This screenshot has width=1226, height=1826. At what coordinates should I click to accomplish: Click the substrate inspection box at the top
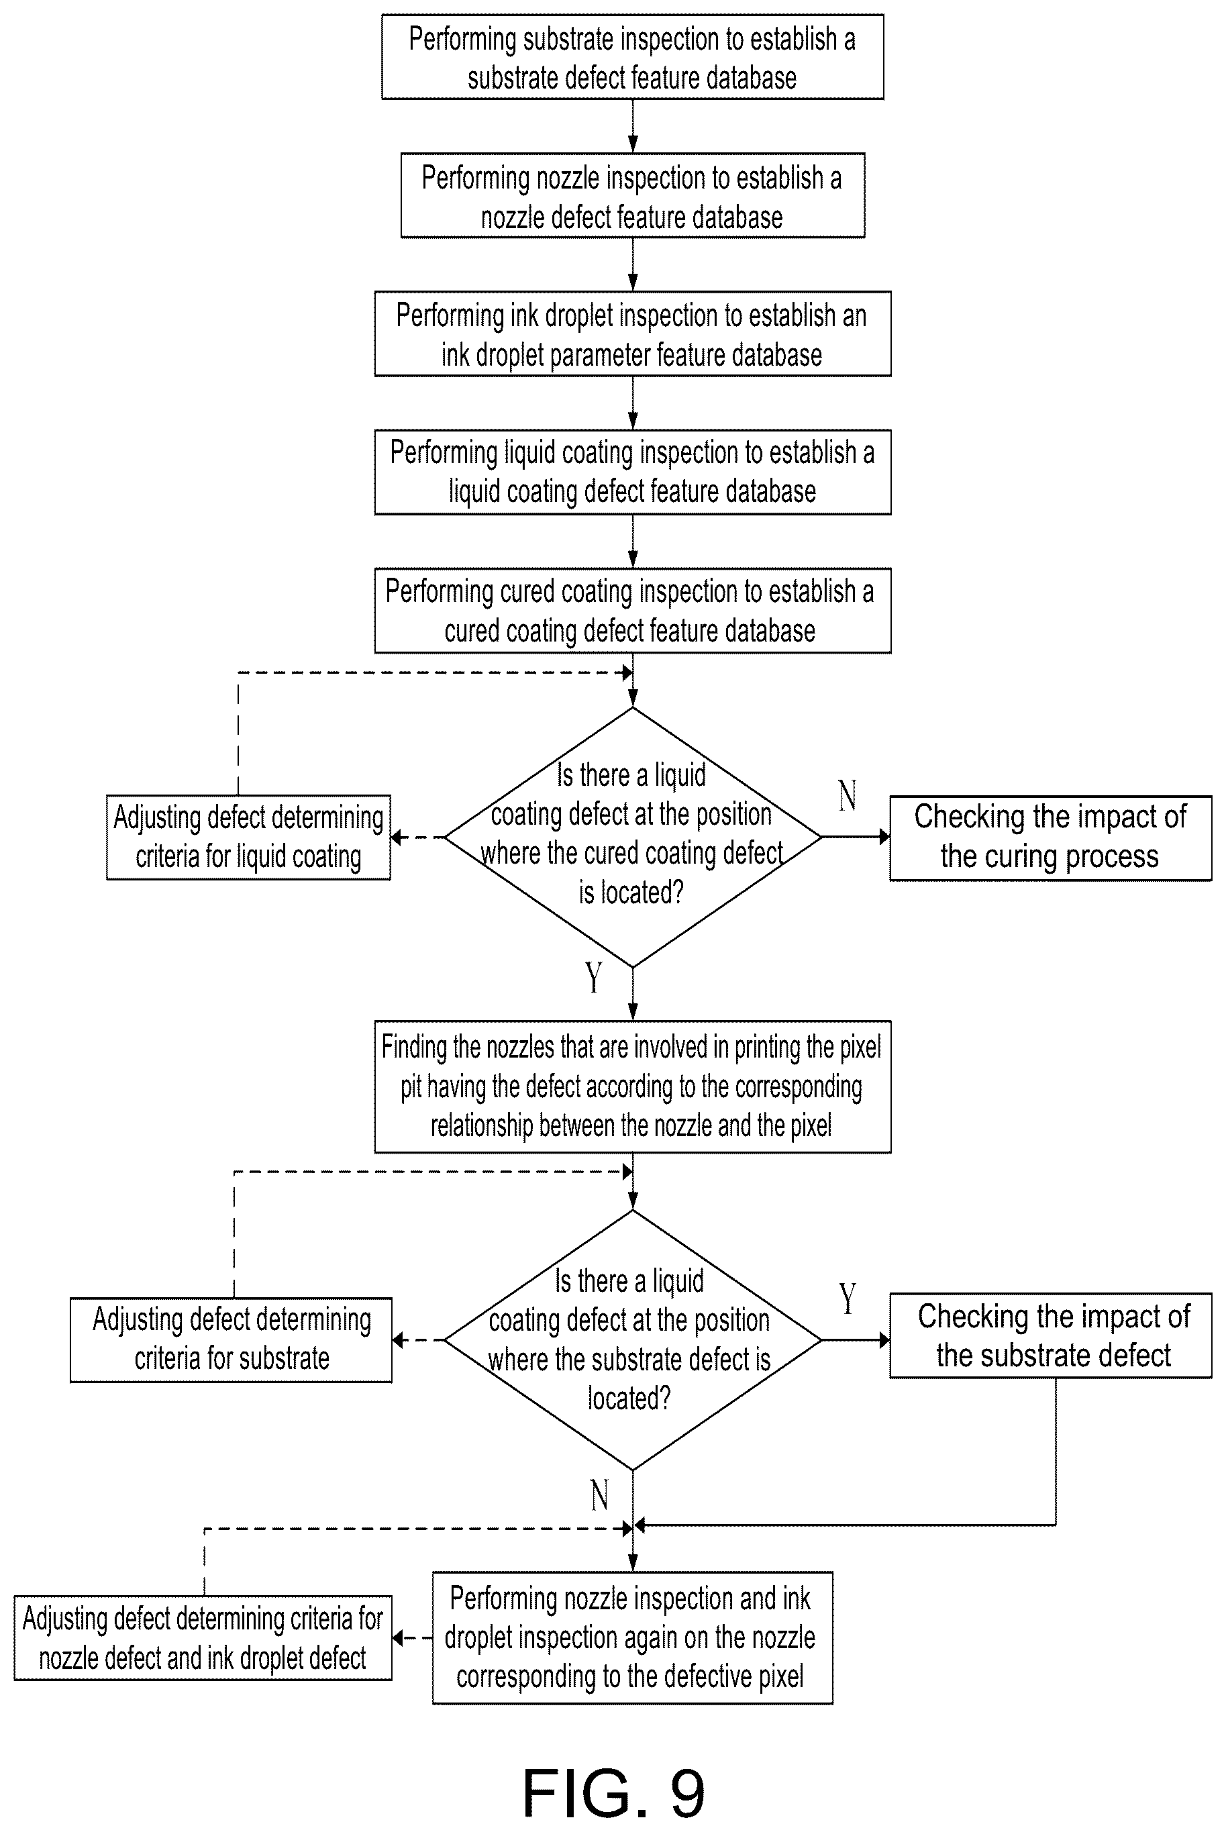633,57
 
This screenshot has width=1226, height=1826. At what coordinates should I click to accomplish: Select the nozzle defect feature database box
633,195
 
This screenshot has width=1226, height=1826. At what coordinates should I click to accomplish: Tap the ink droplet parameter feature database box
633,334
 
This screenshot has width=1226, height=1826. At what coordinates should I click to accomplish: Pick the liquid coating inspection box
633,472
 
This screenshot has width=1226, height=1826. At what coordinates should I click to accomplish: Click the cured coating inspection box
633,611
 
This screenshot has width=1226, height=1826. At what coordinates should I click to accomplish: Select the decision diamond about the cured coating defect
633,838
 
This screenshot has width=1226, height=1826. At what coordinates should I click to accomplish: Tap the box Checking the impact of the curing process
1051,838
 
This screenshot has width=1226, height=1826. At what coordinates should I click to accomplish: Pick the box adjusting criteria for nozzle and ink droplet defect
203,1638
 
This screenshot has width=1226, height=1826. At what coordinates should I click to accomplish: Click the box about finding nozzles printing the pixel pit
633,1086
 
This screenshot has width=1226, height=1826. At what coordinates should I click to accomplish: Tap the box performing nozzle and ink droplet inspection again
633,1637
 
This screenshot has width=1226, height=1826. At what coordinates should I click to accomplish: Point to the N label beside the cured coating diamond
848,796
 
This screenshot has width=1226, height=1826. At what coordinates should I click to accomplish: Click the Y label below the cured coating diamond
595,977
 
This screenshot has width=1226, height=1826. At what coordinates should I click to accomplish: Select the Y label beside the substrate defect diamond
848,1299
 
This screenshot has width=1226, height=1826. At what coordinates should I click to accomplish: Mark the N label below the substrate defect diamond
600,1495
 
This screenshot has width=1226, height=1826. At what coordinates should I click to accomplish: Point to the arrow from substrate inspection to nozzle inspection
633,127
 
